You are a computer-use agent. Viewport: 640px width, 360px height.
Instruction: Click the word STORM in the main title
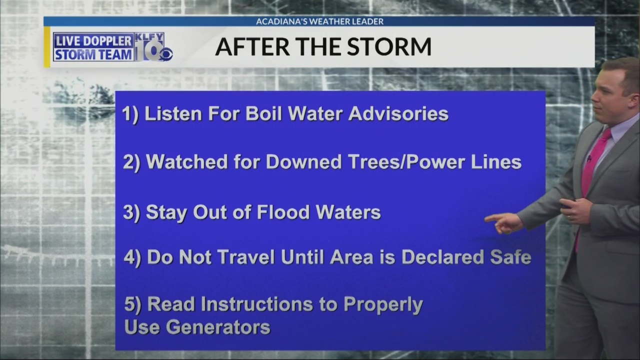click(x=389, y=46)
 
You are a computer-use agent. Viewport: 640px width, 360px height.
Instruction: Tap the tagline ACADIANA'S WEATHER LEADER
click(x=319, y=21)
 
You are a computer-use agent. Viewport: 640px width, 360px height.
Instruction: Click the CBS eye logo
click(x=166, y=55)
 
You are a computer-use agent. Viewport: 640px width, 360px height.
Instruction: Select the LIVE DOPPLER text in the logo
click(x=93, y=41)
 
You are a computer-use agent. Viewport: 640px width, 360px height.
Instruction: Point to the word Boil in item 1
click(x=263, y=113)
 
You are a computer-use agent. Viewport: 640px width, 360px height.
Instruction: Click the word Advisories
click(x=398, y=113)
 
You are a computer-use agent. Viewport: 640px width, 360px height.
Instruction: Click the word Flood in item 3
click(x=283, y=212)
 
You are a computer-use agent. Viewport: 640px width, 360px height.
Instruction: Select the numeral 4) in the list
click(x=132, y=257)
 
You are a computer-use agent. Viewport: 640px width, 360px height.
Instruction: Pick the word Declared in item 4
click(x=442, y=257)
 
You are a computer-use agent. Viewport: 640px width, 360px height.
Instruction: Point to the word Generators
click(x=218, y=326)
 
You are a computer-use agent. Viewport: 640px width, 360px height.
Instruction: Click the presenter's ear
click(x=635, y=100)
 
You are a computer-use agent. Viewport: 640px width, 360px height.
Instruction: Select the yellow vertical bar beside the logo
click(x=47, y=47)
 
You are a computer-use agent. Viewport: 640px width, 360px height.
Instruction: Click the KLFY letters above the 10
click(x=149, y=37)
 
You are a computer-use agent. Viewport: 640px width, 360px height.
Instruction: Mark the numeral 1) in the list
click(x=130, y=114)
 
